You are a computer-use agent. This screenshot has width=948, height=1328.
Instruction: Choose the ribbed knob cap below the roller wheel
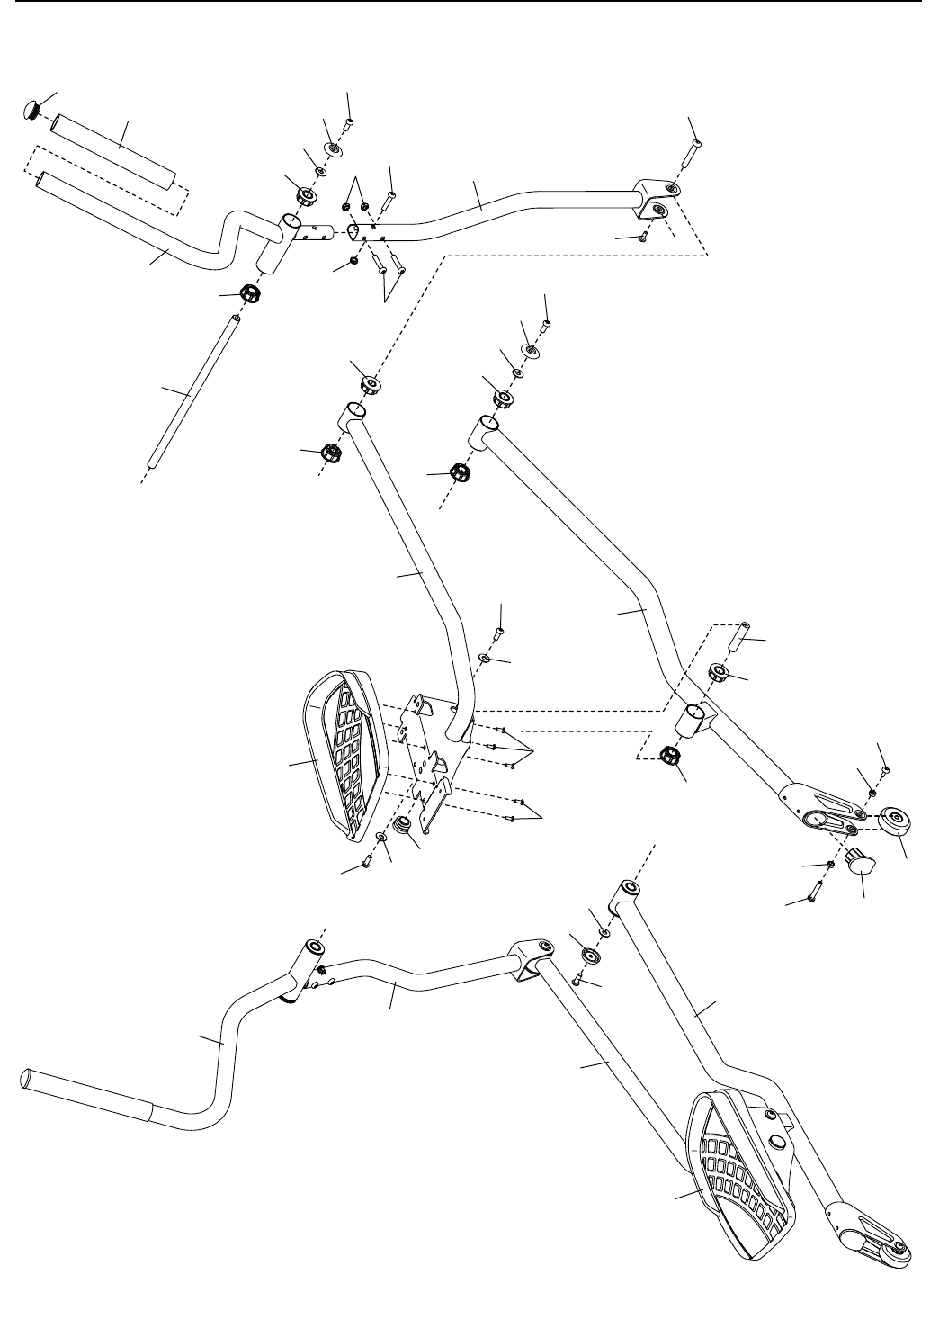pyautogui.click(x=861, y=861)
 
